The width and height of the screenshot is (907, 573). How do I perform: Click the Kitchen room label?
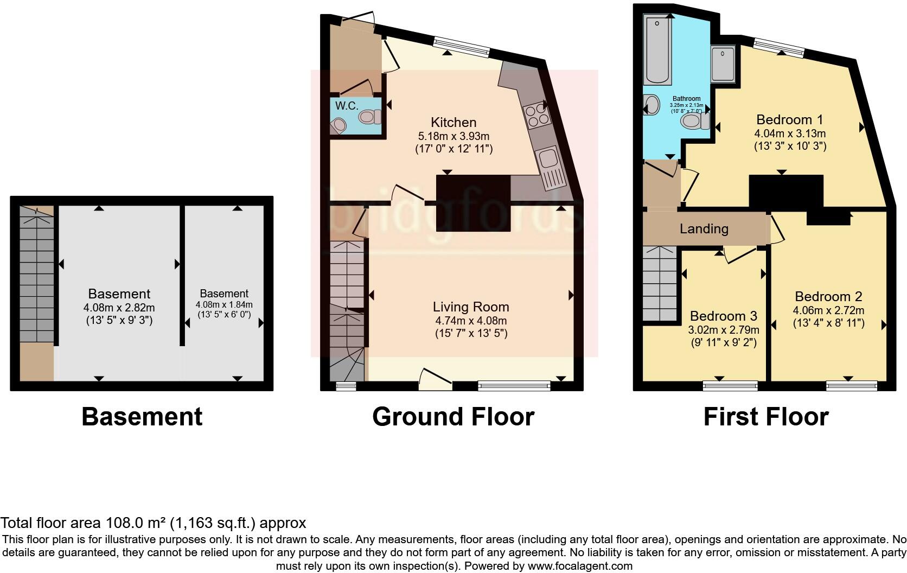(453, 123)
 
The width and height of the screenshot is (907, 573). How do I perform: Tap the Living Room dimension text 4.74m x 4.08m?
(470, 321)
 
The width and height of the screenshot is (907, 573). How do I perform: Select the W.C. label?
(346, 106)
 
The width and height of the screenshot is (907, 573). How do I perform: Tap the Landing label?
(704, 229)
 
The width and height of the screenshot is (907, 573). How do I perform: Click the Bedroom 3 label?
(723, 316)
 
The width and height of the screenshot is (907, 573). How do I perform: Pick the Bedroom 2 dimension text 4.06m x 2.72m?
(828, 310)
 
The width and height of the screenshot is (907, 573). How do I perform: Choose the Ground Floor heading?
(453, 417)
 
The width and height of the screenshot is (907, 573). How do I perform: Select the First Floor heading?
(765, 417)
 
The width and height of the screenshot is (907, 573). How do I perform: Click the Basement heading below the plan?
(142, 417)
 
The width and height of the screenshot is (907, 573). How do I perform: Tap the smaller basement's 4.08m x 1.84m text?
(224, 305)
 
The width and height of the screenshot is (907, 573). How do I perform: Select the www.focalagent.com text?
(580, 566)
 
